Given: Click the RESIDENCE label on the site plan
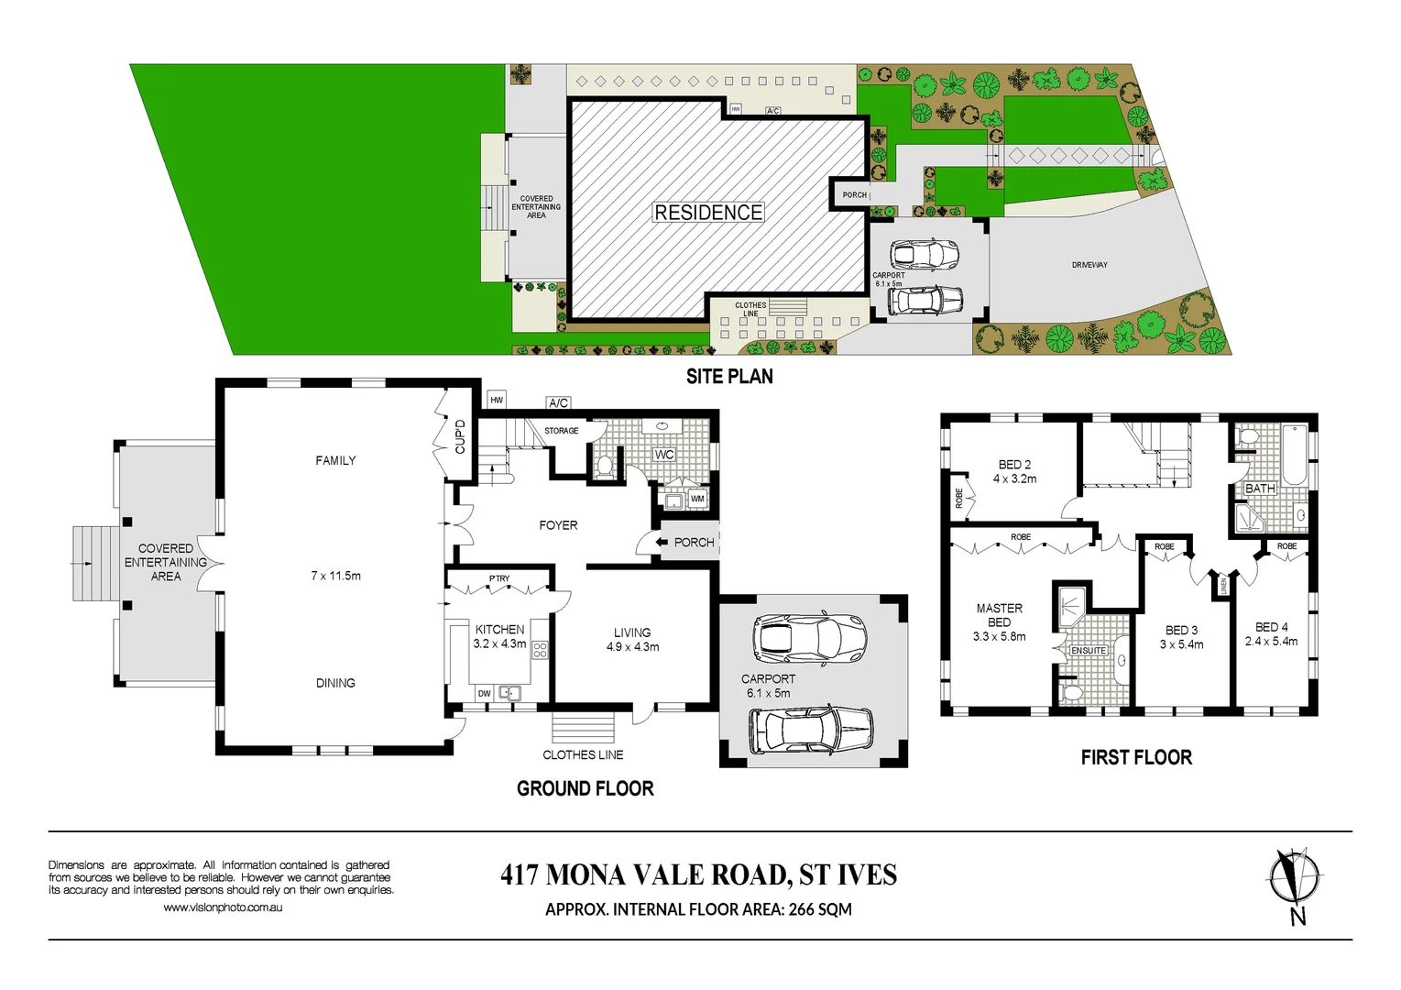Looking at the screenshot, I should tap(708, 213).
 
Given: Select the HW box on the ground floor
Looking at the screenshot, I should tap(497, 400).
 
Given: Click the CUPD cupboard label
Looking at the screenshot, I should tap(460, 436).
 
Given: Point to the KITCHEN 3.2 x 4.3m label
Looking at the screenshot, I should tap(499, 636).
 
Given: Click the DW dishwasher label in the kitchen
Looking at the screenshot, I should tap(484, 694).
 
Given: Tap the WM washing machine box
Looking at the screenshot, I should tap(697, 499).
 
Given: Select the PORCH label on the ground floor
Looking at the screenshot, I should tap(694, 543).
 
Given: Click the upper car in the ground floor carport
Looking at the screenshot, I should tap(809, 638).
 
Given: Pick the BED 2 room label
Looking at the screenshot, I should tap(1014, 471).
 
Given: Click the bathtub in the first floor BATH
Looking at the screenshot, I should tap(1294, 455).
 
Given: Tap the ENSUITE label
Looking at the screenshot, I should tap(1089, 651).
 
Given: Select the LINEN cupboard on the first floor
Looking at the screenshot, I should tap(1223, 585).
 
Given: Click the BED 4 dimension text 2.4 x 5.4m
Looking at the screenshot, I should tap(1271, 642).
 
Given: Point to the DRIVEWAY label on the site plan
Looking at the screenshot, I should tap(1089, 265).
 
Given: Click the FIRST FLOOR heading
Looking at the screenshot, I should tap(1136, 757).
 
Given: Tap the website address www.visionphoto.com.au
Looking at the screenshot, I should tap(223, 907).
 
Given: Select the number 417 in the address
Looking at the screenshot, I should tap(520, 875).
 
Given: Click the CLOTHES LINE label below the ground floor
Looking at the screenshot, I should tap(583, 755).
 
